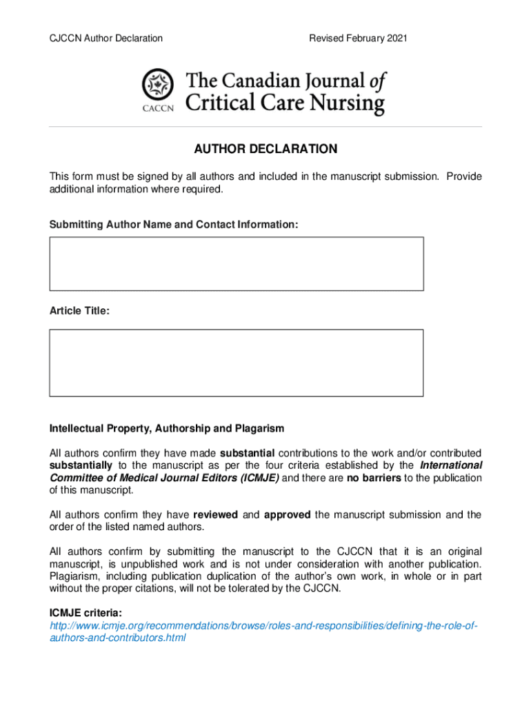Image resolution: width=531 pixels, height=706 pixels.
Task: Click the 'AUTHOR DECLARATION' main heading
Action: click(x=265, y=150)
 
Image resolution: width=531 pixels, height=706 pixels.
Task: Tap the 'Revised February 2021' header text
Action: click(x=358, y=38)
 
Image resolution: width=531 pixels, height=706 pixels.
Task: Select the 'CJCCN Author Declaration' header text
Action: click(x=106, y=38)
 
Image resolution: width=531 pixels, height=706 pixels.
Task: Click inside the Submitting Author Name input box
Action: click(x=236, y=264)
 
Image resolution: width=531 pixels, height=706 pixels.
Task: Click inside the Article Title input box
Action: click(x=236, y=363)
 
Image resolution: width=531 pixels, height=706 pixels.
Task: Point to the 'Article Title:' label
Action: click(x=79, y=311)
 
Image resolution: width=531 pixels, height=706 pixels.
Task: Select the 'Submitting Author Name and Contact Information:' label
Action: click(x=174, y=225)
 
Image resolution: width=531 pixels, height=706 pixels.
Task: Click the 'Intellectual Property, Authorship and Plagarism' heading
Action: click(x=166, y=428)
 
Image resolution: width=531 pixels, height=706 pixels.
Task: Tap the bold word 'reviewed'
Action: click(x=215, y=514)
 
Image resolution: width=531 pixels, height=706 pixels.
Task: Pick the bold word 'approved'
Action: click(x=288, y=514)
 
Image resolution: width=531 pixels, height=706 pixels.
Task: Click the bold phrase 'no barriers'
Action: click(x=373, y=478)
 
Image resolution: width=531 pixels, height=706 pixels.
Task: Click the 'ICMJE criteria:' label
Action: click(x=86, y=612)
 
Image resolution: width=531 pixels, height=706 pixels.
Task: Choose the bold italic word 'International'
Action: click(x=451, y=465)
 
